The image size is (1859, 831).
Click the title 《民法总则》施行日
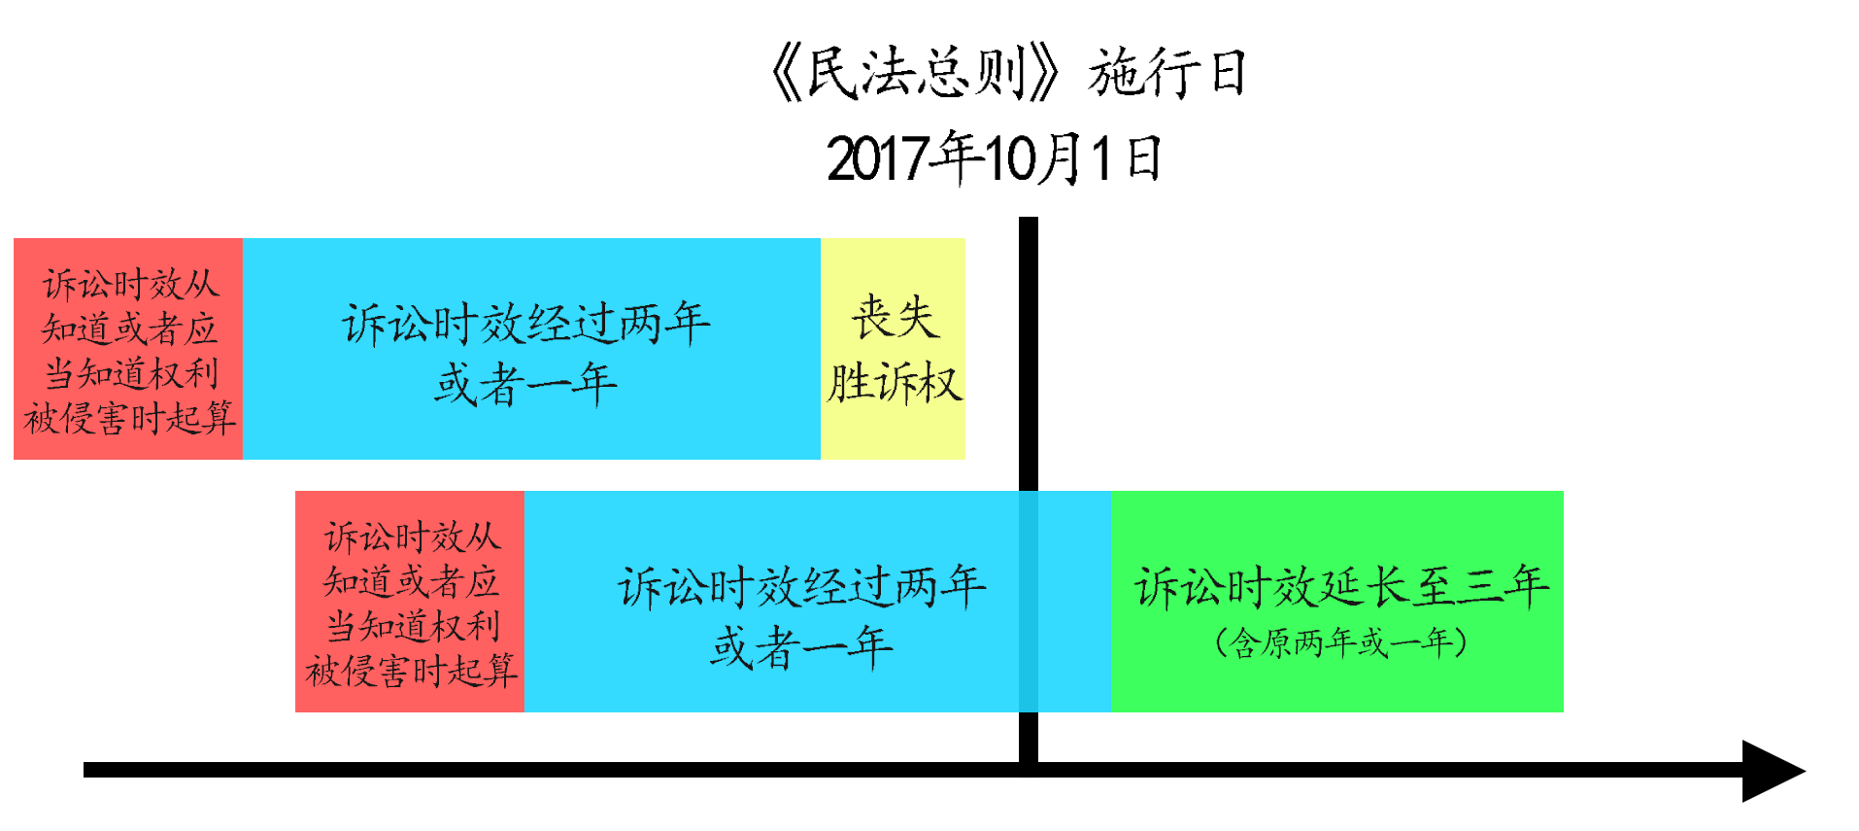tap(1006, 74)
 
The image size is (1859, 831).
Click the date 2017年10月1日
tap(994, 158)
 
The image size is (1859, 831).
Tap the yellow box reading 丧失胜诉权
tap(893, 349)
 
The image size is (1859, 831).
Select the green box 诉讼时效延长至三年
tap(1336, 602)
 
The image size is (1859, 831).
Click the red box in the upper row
tap(128, 349)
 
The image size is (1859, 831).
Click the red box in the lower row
tap(410, 602)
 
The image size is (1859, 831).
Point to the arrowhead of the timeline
tap(1774, 771)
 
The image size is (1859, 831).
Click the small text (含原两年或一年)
tap(1340, 642)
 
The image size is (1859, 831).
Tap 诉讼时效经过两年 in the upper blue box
tap(525, 325)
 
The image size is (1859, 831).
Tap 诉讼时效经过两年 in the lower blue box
tap(801, 587)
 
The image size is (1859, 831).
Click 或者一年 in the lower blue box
tap(801, 647)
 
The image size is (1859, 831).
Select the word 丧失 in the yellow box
tap(895, 318)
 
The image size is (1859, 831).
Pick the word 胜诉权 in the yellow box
tap(894, 382)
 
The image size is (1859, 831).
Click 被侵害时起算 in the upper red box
tap(129, 418)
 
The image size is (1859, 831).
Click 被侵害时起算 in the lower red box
tap(411, 671)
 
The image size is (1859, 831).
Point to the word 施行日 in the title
tap(1167, 74)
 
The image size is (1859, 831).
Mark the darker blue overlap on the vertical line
tap(1029, 602)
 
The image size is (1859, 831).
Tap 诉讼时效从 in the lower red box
tap(412, 537)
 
